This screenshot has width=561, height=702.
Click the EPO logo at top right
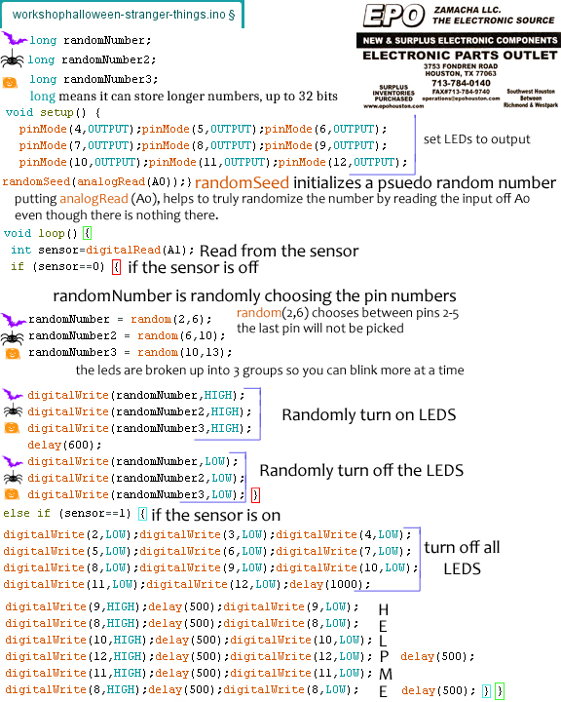(x=393, y=16)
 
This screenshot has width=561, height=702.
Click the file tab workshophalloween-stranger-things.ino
(x=123, y=15)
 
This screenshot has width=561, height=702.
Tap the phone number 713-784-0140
(x=461, y=83)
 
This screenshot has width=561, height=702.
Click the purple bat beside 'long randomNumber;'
(x=15, y=38)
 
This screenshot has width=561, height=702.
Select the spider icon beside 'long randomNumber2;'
(x=13, y=58)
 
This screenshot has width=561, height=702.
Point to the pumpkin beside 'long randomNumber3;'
(x=10, y=82)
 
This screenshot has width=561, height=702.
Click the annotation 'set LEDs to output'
(x=476, y=139)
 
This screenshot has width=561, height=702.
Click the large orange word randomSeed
(x=242, y=182)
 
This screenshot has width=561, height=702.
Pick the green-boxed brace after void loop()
(x=88, y=233)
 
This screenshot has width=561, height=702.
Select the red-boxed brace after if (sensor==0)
(x=116, y=267)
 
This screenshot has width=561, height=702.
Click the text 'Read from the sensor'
(x=280, y=252)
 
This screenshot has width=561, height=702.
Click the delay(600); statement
(x=64, y=445)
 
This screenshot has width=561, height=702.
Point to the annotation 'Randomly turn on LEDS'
(x=369, y=415)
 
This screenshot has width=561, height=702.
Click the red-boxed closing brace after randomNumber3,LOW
(x=255, y=495)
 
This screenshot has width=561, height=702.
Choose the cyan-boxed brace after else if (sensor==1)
(x=143, y=514)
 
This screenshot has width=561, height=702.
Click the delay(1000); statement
(x=330, y=584)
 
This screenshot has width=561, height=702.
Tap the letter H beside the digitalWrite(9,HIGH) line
(x=384, y=609)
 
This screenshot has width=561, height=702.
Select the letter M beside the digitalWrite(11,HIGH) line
(x=385, y=674)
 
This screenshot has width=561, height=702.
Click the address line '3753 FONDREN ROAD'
(x=461, y=66)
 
